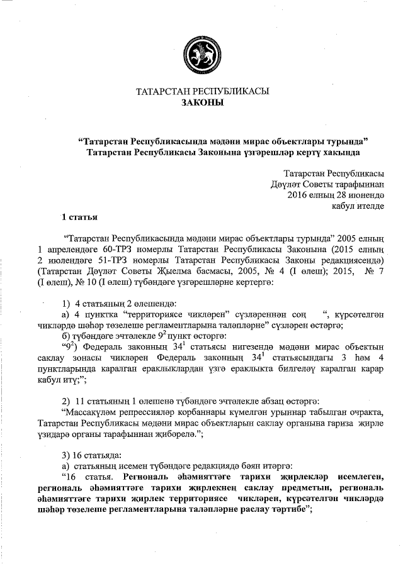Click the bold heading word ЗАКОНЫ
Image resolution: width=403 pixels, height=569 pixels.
pyautogui.click(x=202, y=102)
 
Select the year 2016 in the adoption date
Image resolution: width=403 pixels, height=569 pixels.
pyautogui.click(x=297, y=195)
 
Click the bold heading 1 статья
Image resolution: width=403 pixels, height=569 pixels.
pyautogui.click(x=79, y=218)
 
